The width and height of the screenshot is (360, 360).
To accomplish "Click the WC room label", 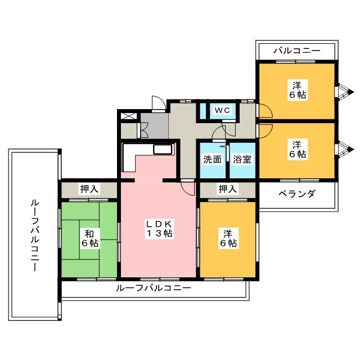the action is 222,110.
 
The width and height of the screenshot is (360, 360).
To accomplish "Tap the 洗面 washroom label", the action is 213,159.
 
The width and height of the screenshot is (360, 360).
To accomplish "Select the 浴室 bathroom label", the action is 242,159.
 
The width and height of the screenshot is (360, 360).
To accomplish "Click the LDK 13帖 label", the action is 160,228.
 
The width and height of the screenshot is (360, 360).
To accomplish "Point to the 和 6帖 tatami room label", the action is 90,238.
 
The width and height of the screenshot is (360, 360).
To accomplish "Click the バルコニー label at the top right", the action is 297,51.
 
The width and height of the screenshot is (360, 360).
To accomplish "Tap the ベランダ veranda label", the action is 296,194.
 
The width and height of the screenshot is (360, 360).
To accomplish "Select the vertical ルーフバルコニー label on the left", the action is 35,235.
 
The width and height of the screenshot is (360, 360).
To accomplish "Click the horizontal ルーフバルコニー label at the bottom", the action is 154,288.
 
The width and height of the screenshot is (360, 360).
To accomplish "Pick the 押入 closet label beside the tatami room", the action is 89,189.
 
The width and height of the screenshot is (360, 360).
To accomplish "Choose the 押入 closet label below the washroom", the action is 227,189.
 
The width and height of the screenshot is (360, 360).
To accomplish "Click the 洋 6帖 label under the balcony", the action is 298,90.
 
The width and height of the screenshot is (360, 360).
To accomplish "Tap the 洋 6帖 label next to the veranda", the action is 298,149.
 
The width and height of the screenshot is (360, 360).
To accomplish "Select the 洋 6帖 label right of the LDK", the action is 228,238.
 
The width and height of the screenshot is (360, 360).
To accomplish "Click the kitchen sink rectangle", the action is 163,150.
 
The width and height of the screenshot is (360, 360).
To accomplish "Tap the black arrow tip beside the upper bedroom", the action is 350,92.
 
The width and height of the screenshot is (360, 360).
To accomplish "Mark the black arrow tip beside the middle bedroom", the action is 350,150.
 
